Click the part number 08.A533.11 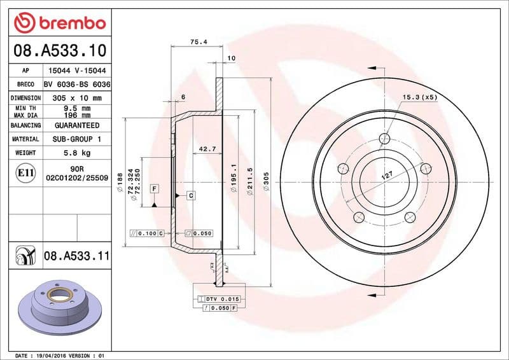tap(77, 256)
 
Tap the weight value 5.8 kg tap(77, 153)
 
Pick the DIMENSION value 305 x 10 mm tap(77, 98)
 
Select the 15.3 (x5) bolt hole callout tap(419, 97)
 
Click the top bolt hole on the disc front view tap(384, 139)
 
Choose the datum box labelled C tap(190, 196)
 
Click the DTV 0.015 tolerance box tap(218, 299)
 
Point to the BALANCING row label tap(26, 125)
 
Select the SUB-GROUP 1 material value tap(77, 139)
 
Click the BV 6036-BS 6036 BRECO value tap(77, 85)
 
